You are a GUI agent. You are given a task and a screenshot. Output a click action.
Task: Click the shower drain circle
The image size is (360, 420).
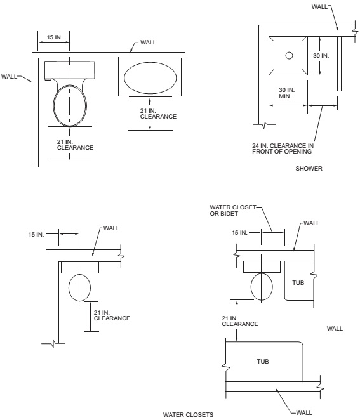point(289,56)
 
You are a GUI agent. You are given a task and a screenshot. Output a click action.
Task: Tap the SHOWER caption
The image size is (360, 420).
point(309,169)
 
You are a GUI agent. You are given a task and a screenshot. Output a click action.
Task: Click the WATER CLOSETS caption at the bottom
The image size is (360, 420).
point(188,415)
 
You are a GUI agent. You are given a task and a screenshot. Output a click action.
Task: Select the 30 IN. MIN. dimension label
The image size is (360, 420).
point(286,93)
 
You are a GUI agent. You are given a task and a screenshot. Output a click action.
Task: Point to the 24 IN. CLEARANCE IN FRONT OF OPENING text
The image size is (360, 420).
point(283,148)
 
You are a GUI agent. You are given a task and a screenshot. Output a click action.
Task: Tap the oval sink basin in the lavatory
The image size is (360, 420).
point(150,77)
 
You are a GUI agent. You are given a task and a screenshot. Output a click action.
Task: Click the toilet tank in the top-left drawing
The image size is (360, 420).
point(70,70)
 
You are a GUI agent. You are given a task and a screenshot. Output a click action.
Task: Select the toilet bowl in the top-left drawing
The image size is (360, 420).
point(70,105)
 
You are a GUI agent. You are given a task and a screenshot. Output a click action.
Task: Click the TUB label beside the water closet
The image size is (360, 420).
point(298,283)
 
